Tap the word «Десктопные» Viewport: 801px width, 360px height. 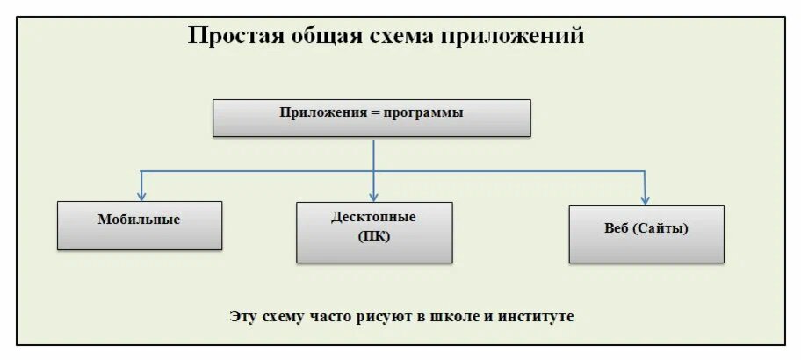(x=374, y=216)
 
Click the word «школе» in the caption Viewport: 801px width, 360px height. (x=453, y=316)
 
